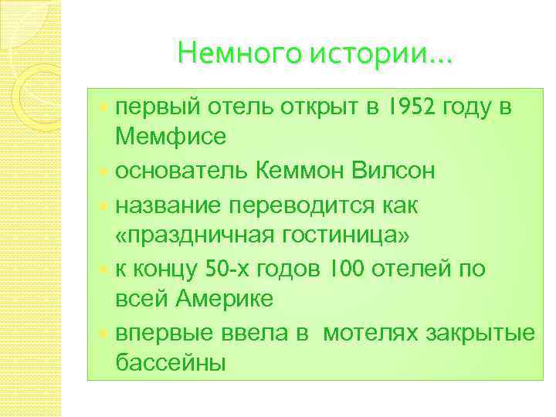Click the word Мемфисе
171,138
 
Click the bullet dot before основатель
106,171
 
